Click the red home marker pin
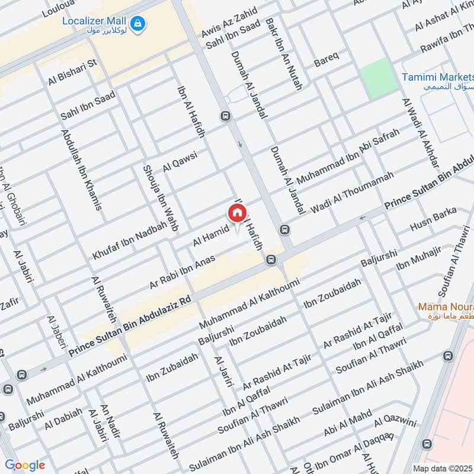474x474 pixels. (x=236, y=212)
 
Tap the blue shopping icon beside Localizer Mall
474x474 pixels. (x=138, y=23)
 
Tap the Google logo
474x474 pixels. (x=24, y=465)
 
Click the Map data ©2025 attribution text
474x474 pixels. (x=441, y=467)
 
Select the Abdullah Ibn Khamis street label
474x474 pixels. (x=81, y=168)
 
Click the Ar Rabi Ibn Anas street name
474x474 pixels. (x=182, y=271)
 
